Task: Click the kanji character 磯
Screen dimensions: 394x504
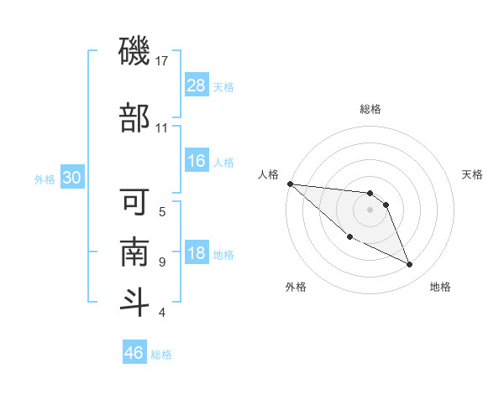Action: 134,52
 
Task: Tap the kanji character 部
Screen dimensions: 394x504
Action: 134,118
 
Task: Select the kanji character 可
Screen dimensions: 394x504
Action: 134,201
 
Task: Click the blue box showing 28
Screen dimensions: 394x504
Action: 197,86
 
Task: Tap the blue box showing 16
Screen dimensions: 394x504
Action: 197,161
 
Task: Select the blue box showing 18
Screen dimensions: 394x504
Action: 197,253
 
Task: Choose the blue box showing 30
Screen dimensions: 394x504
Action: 72,178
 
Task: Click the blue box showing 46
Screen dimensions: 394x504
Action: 134,352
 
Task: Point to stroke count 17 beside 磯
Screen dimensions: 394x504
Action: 163,61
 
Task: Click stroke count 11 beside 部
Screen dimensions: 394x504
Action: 162,128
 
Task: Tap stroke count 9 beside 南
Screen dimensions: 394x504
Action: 162,262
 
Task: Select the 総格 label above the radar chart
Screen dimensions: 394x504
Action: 370,109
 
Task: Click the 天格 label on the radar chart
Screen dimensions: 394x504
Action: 472,174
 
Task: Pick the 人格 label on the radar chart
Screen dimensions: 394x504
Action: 268,174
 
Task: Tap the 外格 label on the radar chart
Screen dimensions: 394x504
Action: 296,287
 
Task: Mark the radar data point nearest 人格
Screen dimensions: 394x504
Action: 290,184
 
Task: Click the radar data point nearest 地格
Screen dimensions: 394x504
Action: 410,265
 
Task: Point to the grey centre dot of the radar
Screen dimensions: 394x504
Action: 370,210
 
